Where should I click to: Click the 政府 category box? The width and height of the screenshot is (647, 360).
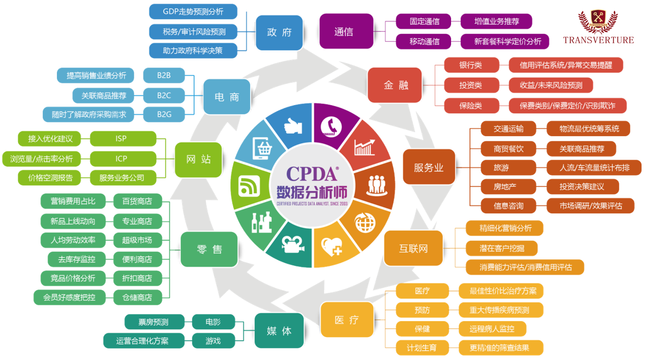pyautogui.click(x=279, y=32)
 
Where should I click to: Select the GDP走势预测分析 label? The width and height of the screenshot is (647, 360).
pyautogui.click(x=193, y=11)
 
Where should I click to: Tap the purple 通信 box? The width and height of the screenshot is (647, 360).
pyautogui.click(x=344, y=32)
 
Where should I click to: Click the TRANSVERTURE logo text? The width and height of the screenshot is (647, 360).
pyautogui.click(x=598, y=40)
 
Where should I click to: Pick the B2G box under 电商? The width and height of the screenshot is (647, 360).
pyautogui.click(x=164, y=114)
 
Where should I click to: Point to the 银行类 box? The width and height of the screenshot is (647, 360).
pyautogui.click(x=471, y=65)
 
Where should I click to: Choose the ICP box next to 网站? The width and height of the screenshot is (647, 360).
pyautogui.click(x=122, y=159)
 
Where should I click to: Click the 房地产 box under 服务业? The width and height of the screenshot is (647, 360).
pyautogui.click(x=505, y=187)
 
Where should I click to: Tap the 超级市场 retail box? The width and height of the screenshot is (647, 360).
pyautogui.click(x=137, y=240)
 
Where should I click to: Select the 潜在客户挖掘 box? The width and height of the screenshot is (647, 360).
pyautogui.click(x=501, y=248)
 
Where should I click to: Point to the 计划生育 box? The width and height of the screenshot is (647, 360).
pyautogui.click(x=422, y=347)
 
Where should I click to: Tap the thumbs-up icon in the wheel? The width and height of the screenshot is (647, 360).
pyautogui.click(x=293, y=126)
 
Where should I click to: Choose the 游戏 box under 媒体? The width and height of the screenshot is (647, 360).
pyautogui.click(x=213, y=341)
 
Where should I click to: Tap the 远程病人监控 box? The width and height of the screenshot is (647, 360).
pyautogui.click(x=492, y=329)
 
